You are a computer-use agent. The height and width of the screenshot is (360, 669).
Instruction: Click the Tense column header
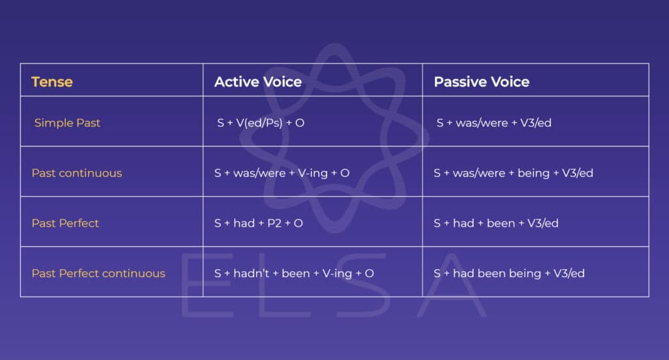pyautogui.click(x=52, y=82)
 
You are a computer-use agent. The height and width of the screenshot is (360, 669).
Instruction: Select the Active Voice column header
pyautogui.click(x=257, y=82)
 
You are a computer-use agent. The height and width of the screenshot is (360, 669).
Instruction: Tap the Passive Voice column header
pyautogui.click(x=481, y=82)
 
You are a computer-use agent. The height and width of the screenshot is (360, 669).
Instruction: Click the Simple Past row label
pyautogui.click(x=67, y=123)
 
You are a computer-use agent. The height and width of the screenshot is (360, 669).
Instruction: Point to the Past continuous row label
pyautogui.click(x=76, y=173)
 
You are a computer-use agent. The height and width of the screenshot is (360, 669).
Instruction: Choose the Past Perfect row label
pyautogui.click(x=65, y=223)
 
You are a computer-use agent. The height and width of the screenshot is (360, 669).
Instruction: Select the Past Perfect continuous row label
pyautogui.click(x=98, y=273)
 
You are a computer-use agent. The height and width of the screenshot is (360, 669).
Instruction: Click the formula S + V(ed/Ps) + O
pyautogui.click(x=261, y=123)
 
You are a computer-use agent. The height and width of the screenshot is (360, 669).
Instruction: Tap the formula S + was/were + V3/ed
pyautogui.click(x=494, y=123)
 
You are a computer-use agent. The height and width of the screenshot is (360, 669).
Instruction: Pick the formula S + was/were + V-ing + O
pyautogui.click(x=282, y=173)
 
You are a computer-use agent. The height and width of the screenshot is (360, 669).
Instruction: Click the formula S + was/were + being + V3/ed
pyautogui.click(x=513, y=173)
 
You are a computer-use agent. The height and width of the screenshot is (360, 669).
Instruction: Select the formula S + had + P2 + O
pyautogui.click(x=258, y=223)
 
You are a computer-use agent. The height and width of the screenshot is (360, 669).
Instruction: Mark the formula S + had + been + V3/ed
pyautogui.click(x=496, y=223)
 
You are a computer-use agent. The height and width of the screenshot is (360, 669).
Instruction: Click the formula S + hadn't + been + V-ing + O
pyautogui.click(x=294, y=273)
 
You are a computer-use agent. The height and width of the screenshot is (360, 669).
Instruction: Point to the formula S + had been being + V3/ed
pyautogui.click(x=509, y=273)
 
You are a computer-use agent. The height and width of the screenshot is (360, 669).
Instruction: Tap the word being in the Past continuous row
pyautogui.click(x=533, y=173)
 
